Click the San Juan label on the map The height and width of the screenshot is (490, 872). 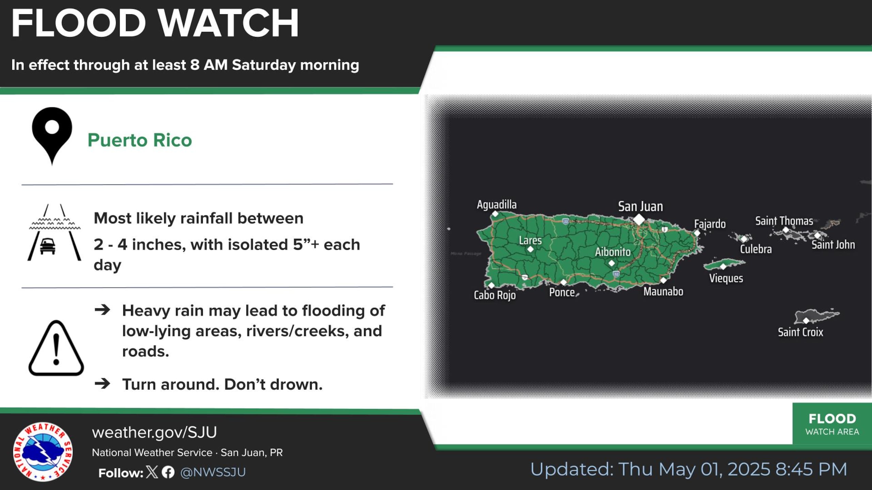pos(640,207)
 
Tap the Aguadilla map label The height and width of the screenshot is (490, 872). pos(497,205)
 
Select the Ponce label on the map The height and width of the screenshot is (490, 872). pos(562,292)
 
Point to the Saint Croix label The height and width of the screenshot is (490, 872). pos(800,332)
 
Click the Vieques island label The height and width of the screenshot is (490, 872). pos(726,278)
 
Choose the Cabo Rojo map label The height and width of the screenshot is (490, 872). pos(495,295)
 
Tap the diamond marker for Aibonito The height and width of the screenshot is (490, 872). pos(611,263)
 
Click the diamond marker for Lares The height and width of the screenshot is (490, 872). pos(530,249)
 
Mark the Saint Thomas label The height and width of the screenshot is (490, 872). pos(784,221)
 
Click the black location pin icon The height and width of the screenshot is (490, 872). pos(52,135)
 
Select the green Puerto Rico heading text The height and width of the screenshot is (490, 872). pos(140,140)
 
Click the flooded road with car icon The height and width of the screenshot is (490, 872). pos(54,233)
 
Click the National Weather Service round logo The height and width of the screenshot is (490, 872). pos(43,452)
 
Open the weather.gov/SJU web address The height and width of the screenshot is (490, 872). pos(154,432)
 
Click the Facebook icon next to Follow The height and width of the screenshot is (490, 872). pos(168,472)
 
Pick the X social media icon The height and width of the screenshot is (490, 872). pos(152,472)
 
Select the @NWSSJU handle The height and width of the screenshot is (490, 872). pos(213,472)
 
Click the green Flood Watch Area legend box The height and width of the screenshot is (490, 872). pos(832,424)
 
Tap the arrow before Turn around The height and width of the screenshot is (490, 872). pos(103,384)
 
